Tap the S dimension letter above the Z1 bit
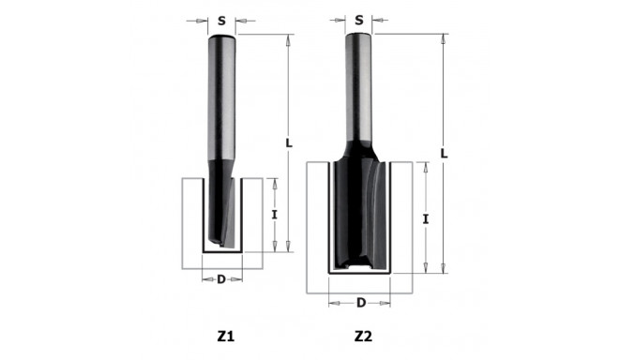221,19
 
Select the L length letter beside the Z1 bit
289,143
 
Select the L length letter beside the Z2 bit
444,153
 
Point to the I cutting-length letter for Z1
274,215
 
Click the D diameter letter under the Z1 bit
221,278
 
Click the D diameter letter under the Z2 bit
361,302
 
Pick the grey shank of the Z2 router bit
361,84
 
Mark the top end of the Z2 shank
361,36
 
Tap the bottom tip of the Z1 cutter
222,247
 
